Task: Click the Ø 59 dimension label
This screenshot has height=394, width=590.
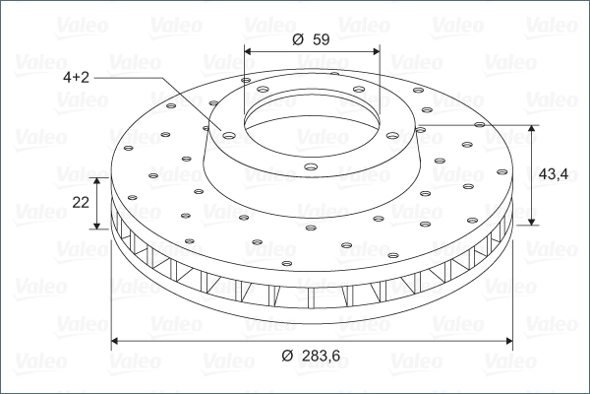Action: tap(311, 39)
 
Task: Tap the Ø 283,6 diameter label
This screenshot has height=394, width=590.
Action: tap(311, 356)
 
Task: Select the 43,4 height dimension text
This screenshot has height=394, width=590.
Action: tap(554, 174)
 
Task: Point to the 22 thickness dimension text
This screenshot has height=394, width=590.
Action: tap(81, 203)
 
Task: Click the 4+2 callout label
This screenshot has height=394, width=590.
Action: tap(76, 77)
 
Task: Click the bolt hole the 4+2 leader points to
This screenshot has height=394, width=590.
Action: tap(228, 135)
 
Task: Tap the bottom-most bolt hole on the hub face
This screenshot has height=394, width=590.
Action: tap(311, 166)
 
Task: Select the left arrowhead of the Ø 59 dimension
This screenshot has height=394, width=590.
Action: tap(248, 51)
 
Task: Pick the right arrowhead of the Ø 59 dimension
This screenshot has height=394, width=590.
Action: tap(377, 51)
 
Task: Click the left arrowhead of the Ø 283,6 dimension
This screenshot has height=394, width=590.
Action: tap(115, 341)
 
